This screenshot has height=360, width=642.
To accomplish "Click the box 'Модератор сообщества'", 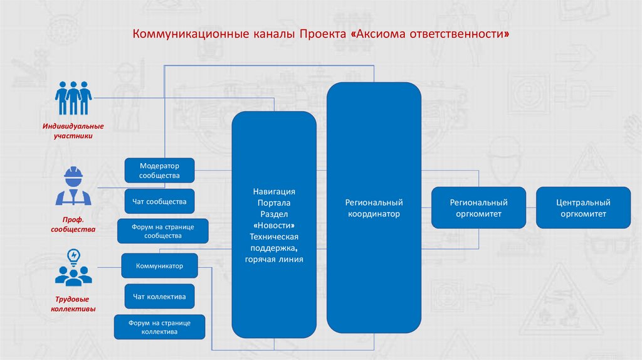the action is (159, 171).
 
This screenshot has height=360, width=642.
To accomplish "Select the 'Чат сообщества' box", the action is (159, 202).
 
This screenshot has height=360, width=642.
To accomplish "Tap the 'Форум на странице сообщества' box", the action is (163, 231).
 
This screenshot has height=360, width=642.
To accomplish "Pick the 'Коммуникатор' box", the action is (159, 266).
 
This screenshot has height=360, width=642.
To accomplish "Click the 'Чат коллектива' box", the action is (159, 296).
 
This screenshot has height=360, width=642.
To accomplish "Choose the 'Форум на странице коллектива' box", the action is (159, 327).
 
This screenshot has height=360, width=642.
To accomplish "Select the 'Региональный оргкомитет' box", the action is (478, 208).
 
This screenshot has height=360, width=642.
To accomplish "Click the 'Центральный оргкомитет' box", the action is (583, 208).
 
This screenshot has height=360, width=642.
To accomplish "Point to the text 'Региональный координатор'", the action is (374, 208).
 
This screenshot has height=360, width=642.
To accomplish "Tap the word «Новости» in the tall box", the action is (274, 225).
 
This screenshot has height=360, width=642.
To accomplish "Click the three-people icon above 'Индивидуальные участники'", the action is (73, 99).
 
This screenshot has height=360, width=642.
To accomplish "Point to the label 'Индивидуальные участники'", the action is (73, 130).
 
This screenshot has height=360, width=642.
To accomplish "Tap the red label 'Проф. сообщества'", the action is (73, 225).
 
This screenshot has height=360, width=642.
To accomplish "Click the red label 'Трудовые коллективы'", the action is (73, 304).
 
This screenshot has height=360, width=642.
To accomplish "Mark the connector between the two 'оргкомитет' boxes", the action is (531, 208).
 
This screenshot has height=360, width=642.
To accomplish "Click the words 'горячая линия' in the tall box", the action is (274, 259).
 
